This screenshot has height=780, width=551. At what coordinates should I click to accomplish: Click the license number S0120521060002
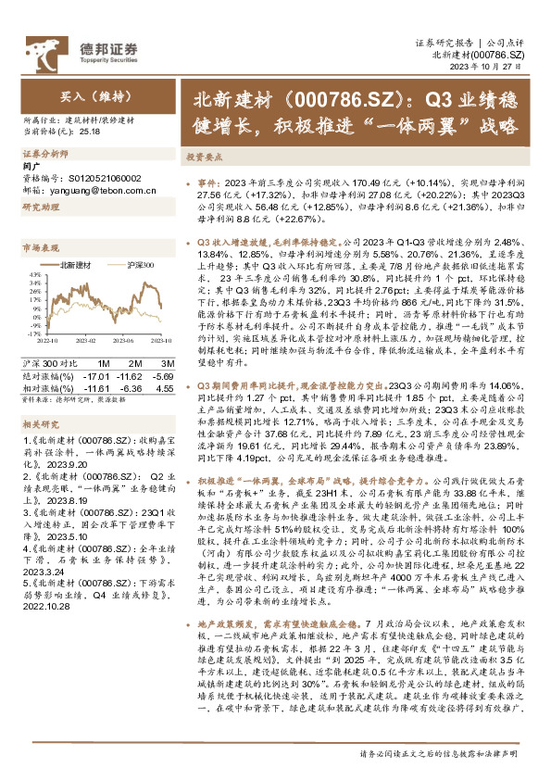[x=97, y=176]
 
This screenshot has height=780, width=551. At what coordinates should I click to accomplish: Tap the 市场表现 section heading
[x=41, y=248]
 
